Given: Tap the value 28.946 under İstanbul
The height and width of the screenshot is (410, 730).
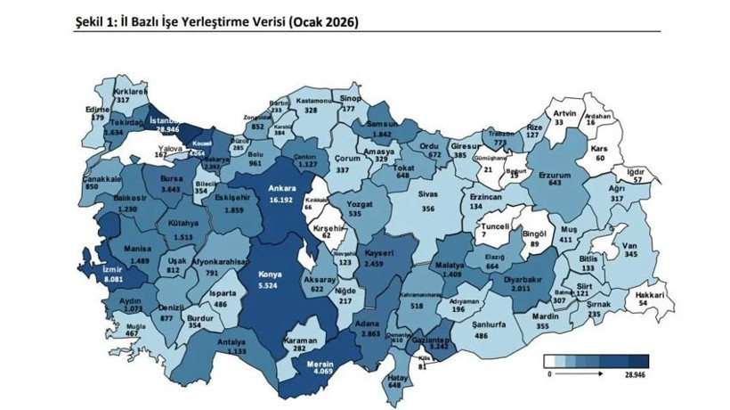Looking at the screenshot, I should [x=166, y=130].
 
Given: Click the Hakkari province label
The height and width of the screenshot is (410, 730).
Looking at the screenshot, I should [x=651, y=294].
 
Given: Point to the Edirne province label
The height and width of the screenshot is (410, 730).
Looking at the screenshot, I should [x=96, y=109].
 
